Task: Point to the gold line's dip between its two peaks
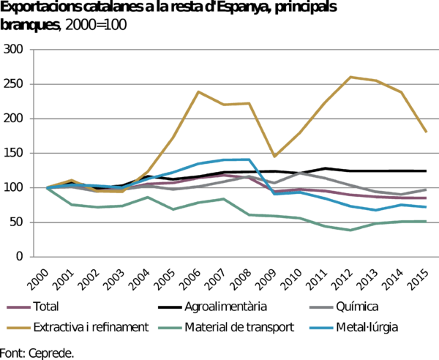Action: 274,157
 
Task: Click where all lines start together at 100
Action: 46,188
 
